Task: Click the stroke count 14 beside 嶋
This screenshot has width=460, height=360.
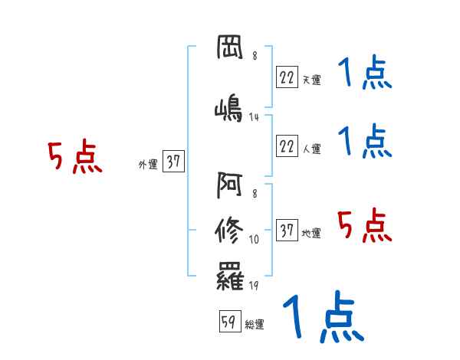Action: tap(255, 117)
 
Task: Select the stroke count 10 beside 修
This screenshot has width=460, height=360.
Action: tap(255, 240)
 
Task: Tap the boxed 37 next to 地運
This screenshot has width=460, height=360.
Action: tap(287, 230)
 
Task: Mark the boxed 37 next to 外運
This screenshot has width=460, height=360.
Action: tap(173, 162)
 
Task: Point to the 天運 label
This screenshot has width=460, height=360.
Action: tap(311, 78)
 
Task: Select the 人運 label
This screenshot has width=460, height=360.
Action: tap(311, 148)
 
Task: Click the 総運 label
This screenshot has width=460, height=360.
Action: tap(255, 325)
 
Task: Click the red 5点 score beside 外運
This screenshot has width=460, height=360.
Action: tap(74, 158)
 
